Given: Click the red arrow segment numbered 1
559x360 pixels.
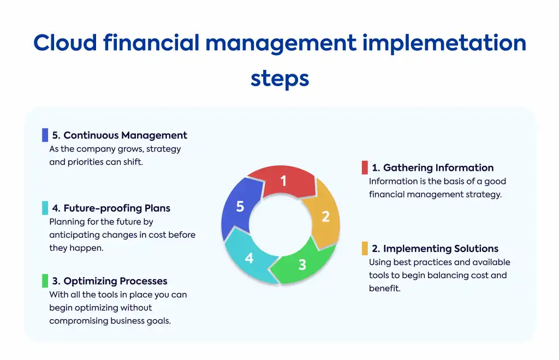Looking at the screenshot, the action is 283,181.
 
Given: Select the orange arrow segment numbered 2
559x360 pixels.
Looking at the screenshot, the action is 324,215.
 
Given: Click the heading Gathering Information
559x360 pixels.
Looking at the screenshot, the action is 432,167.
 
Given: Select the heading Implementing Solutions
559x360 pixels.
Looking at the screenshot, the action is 435,249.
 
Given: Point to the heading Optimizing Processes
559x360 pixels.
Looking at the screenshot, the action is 109,281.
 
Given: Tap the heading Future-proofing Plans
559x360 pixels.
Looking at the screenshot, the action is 111,208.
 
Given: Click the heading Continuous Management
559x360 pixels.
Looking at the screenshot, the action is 120,135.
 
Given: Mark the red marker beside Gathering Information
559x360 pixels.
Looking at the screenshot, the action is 365,167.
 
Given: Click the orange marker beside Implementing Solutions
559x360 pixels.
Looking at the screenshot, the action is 365,249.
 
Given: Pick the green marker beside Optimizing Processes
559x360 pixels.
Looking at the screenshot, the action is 45,281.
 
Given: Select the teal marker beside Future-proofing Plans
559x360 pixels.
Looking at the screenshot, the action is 45,208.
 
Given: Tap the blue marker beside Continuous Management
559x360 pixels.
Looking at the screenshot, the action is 45,135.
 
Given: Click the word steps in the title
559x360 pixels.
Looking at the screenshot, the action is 280,79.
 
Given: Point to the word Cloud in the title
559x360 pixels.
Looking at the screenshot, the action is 66,43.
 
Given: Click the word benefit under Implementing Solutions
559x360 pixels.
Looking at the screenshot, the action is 385,289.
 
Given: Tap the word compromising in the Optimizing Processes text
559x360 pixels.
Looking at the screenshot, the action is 79,321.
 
